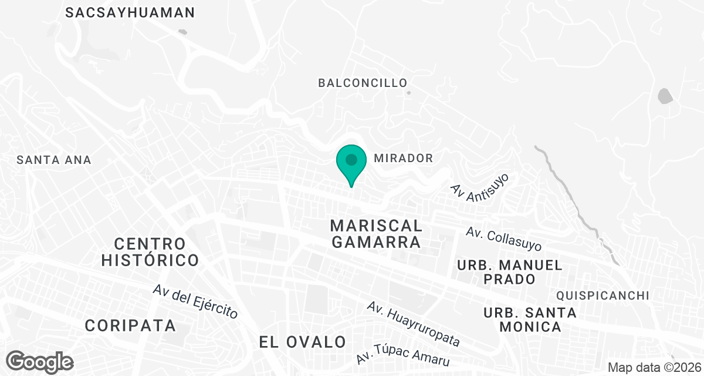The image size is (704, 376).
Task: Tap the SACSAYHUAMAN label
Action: click(130, 12)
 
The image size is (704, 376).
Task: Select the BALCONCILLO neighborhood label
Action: click(363, 83)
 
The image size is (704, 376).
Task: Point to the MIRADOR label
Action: click(404, 158)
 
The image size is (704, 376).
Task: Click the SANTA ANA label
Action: click(54, 159)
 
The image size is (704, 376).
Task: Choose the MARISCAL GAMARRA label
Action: click(376, 234)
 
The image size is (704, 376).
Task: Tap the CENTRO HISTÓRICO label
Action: click(150, 251)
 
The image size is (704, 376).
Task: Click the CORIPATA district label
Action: click(130, 325)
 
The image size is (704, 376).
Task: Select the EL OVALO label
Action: click(303, 341)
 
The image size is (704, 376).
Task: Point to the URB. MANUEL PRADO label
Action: click(509, 272)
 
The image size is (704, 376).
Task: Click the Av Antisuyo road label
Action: click(479, 187)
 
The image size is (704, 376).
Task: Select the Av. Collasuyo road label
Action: click(504, 239)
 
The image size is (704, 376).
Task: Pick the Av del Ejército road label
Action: click(195, 301)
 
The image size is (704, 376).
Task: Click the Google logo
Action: click(40, 361)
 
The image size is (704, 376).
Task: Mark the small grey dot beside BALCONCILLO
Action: click(409, 92)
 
